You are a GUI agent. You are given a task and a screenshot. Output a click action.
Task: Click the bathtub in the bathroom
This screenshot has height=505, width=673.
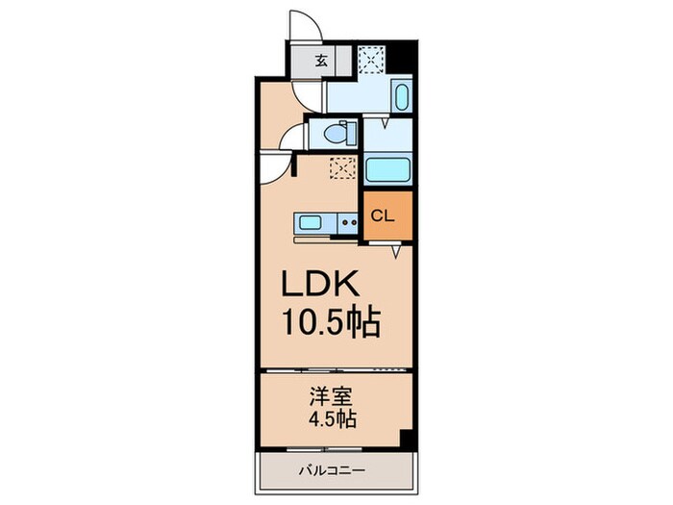pos(389,169)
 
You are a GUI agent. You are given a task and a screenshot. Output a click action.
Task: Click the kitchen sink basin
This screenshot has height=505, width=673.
pos(311,223)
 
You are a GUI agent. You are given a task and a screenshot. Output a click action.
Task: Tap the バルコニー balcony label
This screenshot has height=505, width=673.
pos(333,471)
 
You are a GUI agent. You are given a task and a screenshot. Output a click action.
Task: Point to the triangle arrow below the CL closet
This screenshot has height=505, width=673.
pos(396,251)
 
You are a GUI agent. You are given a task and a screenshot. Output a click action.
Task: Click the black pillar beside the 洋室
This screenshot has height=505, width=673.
pos(407,439)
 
